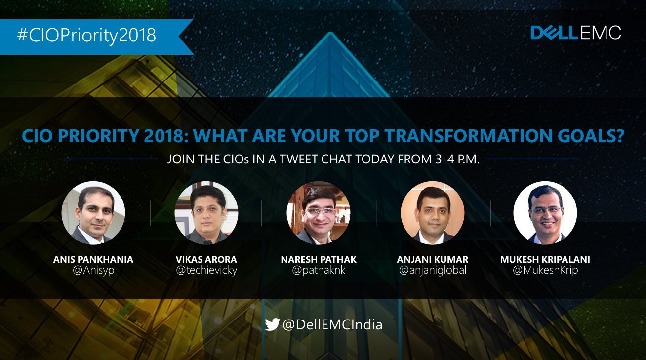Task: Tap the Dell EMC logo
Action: (x=576, y=33)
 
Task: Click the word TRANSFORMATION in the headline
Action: (x=467, y=136)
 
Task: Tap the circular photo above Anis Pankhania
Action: (x=93, y=213)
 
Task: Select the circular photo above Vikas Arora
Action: (x=206, y=213)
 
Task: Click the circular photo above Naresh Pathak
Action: (x=319, y=213)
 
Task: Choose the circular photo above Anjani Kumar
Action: (x=433, y=213)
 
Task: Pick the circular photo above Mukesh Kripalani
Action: (x=545, y=213)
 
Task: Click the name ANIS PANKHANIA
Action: (x=93, y=260)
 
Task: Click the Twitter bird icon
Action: (x=273, y=324)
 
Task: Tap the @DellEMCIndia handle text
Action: (x=332, y=325)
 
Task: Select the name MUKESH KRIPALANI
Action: (x=545, y=260)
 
